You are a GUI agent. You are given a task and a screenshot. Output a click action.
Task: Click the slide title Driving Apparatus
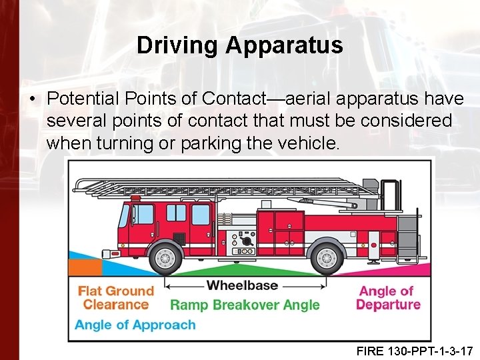[x=239, y=46]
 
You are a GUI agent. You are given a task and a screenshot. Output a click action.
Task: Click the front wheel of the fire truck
[x=165, y=257]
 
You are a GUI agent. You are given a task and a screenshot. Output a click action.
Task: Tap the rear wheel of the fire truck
[x=327, y=257]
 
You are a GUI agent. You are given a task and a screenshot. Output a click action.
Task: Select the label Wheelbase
[x=242, y=285]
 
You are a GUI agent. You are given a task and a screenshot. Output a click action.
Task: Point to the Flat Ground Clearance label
[x=116, y=298]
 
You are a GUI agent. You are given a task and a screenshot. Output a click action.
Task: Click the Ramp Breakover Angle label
[x=245, y=305]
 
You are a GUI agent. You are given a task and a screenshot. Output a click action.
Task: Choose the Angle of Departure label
[x=388, y=298]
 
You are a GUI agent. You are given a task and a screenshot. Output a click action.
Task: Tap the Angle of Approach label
[x=135, y=325]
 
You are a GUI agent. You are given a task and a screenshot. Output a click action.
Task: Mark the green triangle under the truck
[x=245, y=271]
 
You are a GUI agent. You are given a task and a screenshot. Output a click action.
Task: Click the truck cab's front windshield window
[x=125, y=216]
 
